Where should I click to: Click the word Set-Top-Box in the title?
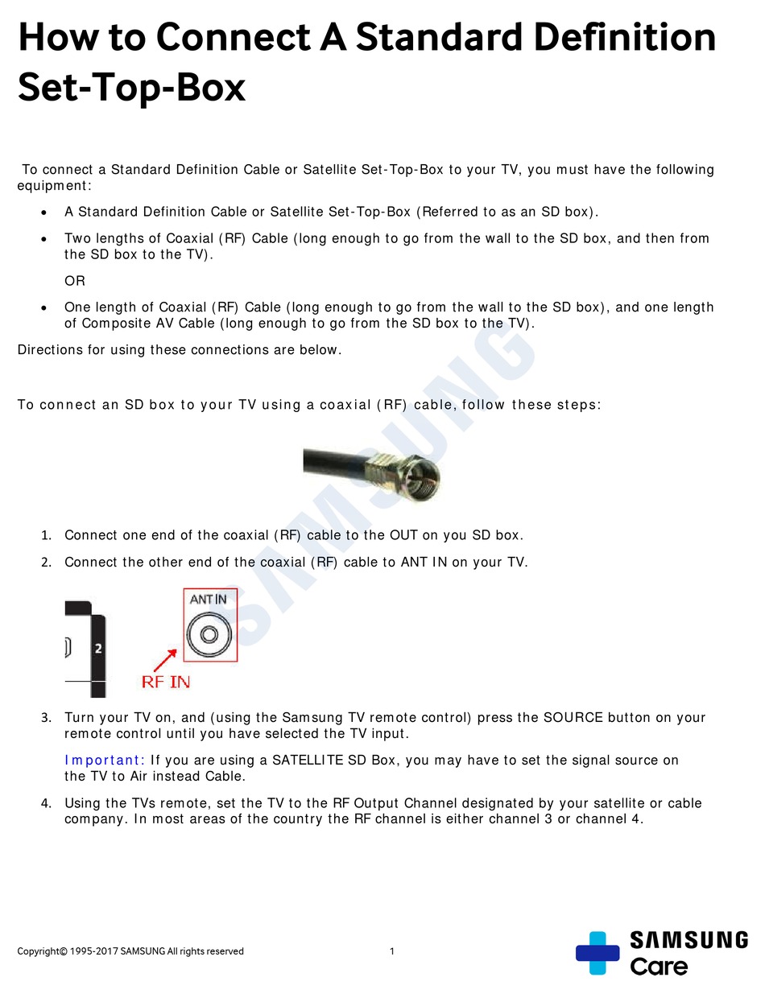coord(131,87)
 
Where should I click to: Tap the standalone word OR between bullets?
coord(75,281)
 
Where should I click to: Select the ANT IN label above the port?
coord(208,599)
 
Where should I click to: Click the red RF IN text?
coord(166,682)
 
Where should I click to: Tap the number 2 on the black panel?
coord(98,648)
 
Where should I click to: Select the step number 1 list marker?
coord(47,536)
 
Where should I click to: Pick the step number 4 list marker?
coord(47,803)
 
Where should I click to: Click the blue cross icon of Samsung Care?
coord(598,953)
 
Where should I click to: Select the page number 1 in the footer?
coord(392,951)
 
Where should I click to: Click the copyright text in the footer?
coord(130,951)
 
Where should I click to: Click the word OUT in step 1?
coord(403,535)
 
